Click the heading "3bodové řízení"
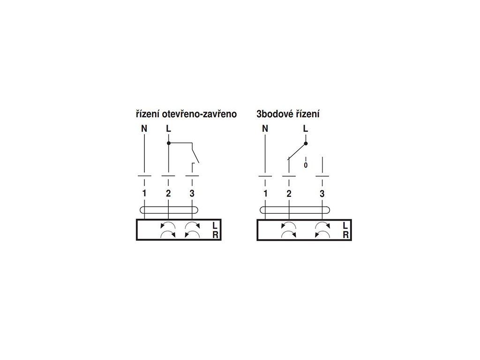point(288,114)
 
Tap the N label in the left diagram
point(145,128)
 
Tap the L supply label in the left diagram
point(168,128)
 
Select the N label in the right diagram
point(265,128)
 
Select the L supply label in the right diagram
point(306,128)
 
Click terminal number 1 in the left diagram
point(145,193)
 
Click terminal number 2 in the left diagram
point(168,193)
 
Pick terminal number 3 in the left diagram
point(192,193)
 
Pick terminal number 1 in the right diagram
point(265,193)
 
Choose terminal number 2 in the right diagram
point(289,193)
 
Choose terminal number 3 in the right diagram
point(322,193)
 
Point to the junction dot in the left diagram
point(168,142)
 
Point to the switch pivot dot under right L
point(306,143)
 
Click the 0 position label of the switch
point(306,165)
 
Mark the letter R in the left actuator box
point(215,235)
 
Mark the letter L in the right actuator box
point(345,225)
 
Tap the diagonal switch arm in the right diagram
point(297,151)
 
